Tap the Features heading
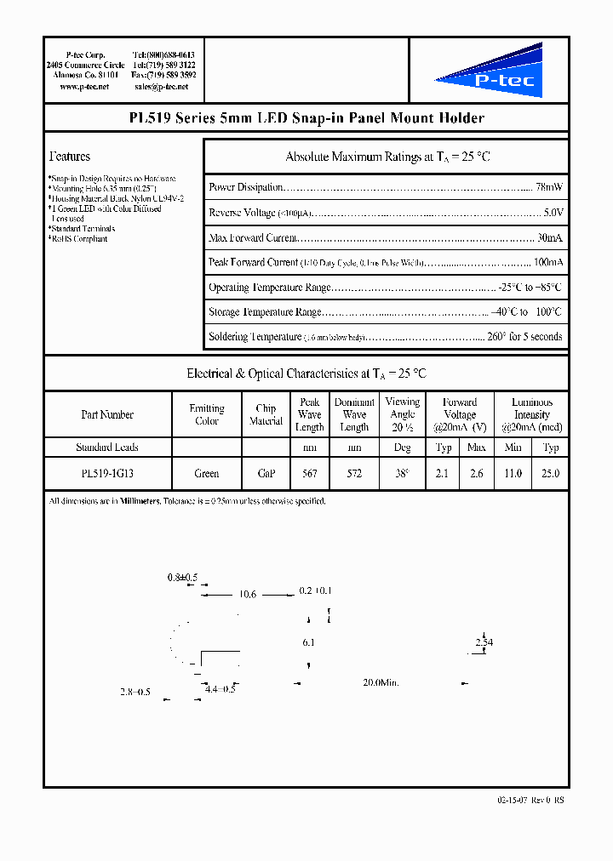[x=70, y=157]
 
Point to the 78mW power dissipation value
[x=549, y=187]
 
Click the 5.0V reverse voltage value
[x=553, y=213]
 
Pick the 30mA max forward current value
[x=550, y=237]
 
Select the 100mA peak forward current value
[x=547, y=262]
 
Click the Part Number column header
[x=107, y=414]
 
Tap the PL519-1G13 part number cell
[x=107, y=474]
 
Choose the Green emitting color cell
[x=207, y=474]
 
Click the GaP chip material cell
[x=266, y=474]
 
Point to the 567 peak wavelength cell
[x=309, y=474]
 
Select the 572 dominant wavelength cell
[x=354, y=474]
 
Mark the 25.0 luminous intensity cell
[x=551, y=474]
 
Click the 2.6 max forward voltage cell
[x=477, y=474]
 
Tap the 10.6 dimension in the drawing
[x=248, y=594]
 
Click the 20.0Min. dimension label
[x=381, y=683]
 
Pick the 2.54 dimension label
[x=484, y=642]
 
